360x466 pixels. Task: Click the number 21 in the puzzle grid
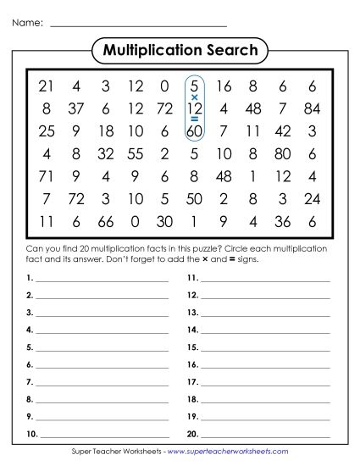point(46,86)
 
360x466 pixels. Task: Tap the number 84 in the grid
point(313,108)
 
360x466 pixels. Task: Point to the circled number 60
point(194,131)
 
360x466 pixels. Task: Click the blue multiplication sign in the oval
point(194,97)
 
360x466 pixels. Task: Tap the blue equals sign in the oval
point(194,119)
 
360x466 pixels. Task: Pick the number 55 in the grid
point(135,154)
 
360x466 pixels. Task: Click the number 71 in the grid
point(46,177)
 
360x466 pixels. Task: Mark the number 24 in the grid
point(313,200)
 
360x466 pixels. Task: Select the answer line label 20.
point(192,434)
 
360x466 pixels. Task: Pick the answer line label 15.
point(192,347)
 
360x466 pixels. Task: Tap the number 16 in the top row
point(224,86)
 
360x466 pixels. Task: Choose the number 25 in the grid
point(46,131)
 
